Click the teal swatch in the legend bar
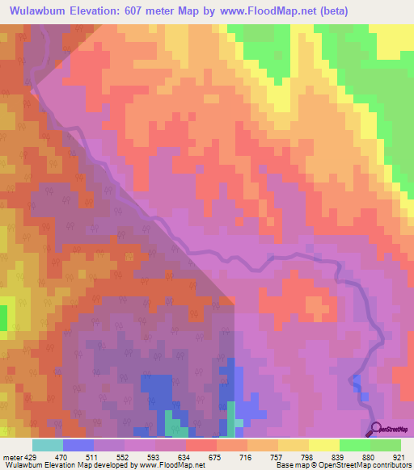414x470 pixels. [x=47, y=445]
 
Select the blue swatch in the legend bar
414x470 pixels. [x=78, y=445]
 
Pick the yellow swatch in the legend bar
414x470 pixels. [x=323, y=445]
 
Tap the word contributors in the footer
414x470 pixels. [x=391, y=465]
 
